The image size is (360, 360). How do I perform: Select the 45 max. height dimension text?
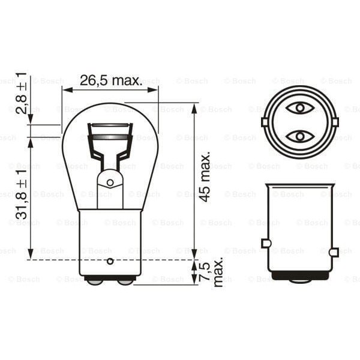(x=205, y=176)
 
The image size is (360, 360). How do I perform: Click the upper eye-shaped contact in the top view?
(x=298, y=108)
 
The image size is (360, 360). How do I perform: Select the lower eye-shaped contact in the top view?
(x=298, y=136)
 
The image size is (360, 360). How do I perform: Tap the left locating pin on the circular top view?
(x=265, y=122)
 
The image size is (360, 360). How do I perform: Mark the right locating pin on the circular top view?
(x=334, y=122)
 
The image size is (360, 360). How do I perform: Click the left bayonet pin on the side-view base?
(x=266, y=243)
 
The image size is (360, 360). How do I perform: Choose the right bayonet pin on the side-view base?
(x=334, y=251)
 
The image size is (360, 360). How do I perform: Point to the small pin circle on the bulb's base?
(x=110, y=261)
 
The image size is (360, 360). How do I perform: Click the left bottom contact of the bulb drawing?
(x=94, y=280)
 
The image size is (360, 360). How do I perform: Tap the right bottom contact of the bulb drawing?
(x=125, y=280)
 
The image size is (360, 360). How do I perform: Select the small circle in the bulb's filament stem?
(x=110, y=182)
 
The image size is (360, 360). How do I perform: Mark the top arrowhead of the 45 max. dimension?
(x=194, y=107)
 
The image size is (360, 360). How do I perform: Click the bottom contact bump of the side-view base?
(x=299, y=281)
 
